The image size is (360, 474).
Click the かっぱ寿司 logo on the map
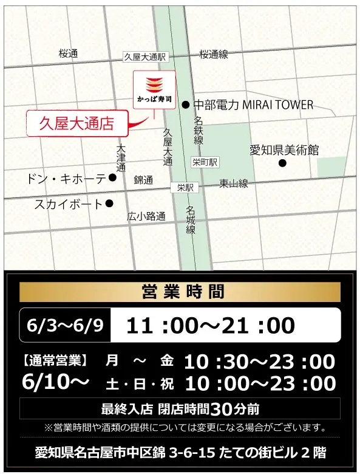(x=154, y=88)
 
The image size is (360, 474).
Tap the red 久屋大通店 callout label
(x=77, y=123)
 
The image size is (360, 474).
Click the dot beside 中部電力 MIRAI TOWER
(x=185, y=105)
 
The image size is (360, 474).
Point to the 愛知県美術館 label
(x=284, y=150)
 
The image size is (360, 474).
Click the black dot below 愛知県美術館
(x=282, y=163)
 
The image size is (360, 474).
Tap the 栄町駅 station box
(x=205, y=162)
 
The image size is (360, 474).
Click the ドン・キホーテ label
(x=66, y=179)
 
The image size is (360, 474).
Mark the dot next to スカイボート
(x=109, y=204)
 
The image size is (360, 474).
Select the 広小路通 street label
(x=146, y=216)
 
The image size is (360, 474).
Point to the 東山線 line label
(x=234, y=183)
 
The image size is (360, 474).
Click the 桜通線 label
(x=214, y=54)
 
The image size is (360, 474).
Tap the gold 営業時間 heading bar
(x=180, y=292)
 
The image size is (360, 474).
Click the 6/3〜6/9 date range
(x=65, y=325)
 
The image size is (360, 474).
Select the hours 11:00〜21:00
(x=210, y=325)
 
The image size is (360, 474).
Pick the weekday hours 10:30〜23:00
(x=259, y=362)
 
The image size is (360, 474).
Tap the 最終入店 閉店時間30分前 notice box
(x=180, y=408)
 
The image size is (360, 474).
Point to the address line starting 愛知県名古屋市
(x=180, y=452)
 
